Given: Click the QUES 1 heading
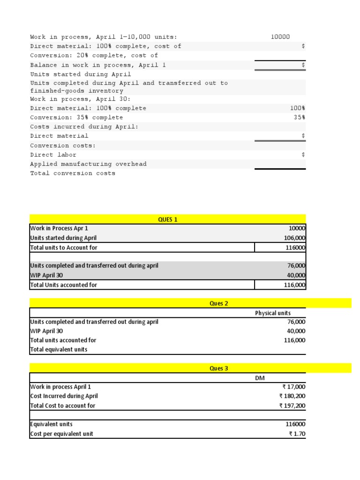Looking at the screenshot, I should point(168,219).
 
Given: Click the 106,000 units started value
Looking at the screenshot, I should point(294,238).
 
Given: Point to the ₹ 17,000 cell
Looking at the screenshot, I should point(293,387).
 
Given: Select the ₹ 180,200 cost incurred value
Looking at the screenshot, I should point(292,396).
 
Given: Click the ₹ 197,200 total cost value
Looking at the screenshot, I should point(292,405).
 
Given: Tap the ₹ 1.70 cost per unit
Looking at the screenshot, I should point(297,434).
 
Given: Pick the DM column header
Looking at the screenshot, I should point(260,378).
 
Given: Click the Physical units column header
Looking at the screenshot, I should point(272,313).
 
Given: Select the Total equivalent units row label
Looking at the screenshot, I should point(59,350).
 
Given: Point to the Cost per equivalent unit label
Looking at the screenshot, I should point(61,434).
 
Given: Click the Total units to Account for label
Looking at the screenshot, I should point(64,247).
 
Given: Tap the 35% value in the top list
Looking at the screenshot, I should point(299,118).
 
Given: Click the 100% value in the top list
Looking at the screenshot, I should point(298,108).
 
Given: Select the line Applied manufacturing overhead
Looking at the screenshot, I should point(88,164).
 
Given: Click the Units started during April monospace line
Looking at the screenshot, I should point(81,74).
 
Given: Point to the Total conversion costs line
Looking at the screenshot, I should point(73,173).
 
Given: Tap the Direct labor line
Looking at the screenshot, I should point(53,155).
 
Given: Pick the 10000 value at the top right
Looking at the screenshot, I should point(280,37).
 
